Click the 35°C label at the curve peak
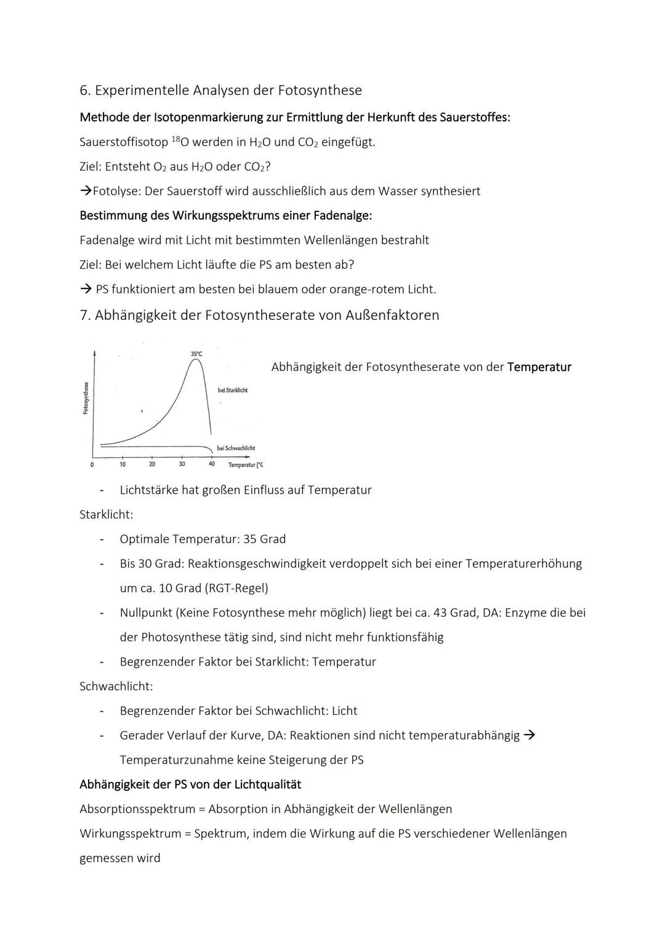[196, 354]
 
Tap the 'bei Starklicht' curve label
[233, 390]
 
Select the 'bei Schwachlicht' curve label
[236, 448]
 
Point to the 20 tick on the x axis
[152, 464]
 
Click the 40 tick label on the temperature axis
[211, 464]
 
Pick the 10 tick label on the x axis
[123, 464]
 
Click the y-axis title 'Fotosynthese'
[86, 398]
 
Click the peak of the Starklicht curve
[196, 360]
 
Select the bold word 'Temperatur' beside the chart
[539, 367]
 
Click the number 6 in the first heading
[84, 91]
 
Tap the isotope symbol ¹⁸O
[180, 142]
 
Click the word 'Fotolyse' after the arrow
[115, 191]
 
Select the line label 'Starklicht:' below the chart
[106, 515]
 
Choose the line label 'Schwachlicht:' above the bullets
[116, 686]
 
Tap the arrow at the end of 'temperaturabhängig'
[529, 735]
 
